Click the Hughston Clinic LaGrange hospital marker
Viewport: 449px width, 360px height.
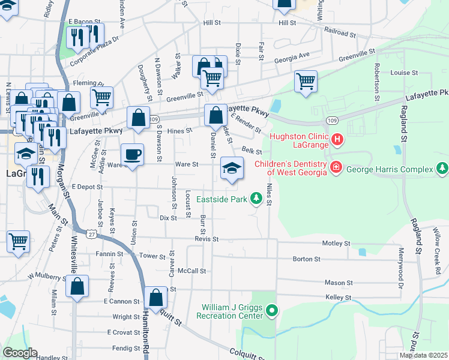(x=337, y=140)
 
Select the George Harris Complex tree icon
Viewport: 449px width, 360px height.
(x=443, y=168)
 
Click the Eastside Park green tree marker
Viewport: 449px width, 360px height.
(x=256, y=198)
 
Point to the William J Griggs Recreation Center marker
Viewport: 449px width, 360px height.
(x=272, y=311)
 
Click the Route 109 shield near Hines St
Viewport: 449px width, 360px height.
(x=154, y=119)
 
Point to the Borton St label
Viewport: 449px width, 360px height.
(x=306, y=259)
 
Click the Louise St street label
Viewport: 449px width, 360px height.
(x=404, y=73)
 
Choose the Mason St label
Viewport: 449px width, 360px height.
(x=339, y=283)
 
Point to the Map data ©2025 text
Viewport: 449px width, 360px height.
(x=423, y=355)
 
